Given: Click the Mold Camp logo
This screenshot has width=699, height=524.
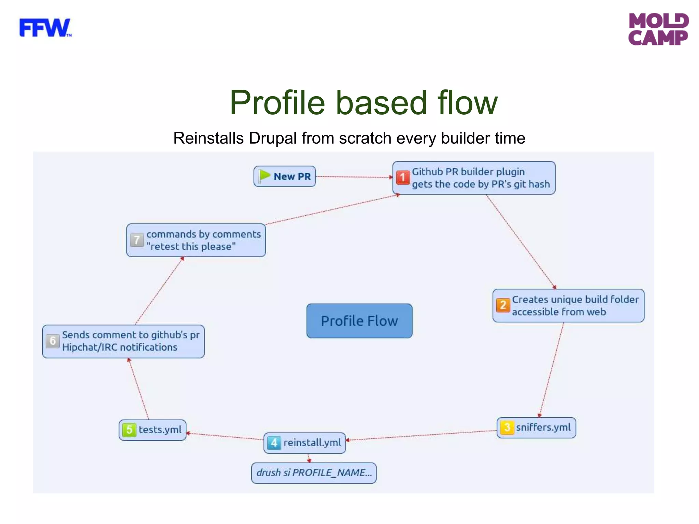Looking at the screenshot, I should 658,29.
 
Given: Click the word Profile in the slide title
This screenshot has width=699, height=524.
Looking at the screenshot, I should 277,103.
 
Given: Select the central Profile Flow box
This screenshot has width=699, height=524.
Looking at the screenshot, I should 359,321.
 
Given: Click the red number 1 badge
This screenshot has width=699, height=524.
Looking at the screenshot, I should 402,177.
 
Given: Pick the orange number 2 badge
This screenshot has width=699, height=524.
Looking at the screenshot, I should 503,305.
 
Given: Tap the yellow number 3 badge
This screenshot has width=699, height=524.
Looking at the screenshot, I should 507,427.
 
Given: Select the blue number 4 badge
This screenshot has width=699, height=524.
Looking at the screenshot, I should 274,443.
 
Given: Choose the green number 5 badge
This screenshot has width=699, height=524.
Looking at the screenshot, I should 129,430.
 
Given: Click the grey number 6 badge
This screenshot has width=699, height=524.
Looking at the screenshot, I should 53,341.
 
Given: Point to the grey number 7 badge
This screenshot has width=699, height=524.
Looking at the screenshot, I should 137,240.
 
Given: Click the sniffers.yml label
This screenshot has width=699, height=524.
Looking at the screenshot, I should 543,427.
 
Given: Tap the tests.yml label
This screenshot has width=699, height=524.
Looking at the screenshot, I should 160,430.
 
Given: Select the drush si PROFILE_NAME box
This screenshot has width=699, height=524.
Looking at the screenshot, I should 314,473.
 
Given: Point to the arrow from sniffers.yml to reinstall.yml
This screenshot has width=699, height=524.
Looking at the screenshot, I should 422,435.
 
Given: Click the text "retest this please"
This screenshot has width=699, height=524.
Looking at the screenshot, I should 191,247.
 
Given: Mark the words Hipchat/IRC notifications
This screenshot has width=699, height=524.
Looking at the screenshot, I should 119,347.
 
